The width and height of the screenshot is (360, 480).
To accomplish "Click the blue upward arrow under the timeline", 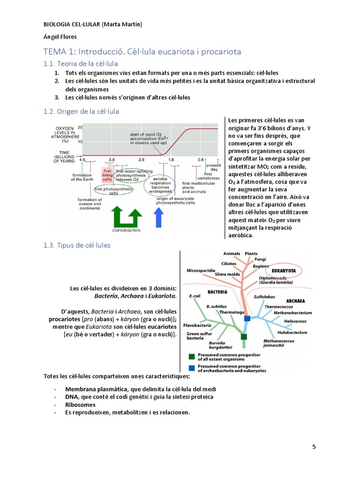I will click(x=159, y=217).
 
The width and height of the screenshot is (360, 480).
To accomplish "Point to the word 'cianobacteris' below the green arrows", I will click(x=126, y=231).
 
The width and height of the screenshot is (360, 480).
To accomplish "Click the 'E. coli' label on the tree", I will click(x=195, y=296).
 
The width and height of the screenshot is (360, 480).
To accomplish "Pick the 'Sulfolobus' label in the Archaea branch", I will click(x=263, y=297).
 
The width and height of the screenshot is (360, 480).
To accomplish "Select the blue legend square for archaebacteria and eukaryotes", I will click(x=191, y=368).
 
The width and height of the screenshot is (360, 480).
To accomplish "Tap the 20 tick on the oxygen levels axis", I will click(x=80, y=127).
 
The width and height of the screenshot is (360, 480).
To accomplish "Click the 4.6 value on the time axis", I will click(x=82, y=160).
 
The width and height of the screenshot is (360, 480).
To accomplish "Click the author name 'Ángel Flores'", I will click(x=58, y=37).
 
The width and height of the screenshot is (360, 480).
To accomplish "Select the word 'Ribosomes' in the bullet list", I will click(x=80, y=405).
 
